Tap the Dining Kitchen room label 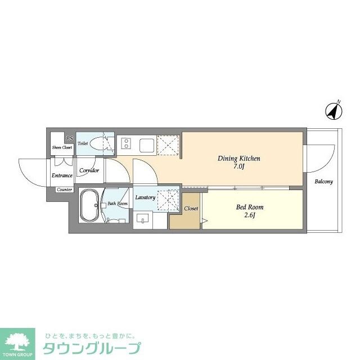[238, 159]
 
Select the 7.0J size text [238, 166]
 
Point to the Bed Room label [249, 207]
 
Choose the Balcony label [323, 182]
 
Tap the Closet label [191, 209]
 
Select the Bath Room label [118, 203]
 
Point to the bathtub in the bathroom [90, 206]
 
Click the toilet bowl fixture [102, 143]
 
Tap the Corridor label [89, 170]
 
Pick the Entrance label [62, 175]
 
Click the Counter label [64, 190]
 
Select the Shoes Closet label [62, 147]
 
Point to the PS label [69, 139]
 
